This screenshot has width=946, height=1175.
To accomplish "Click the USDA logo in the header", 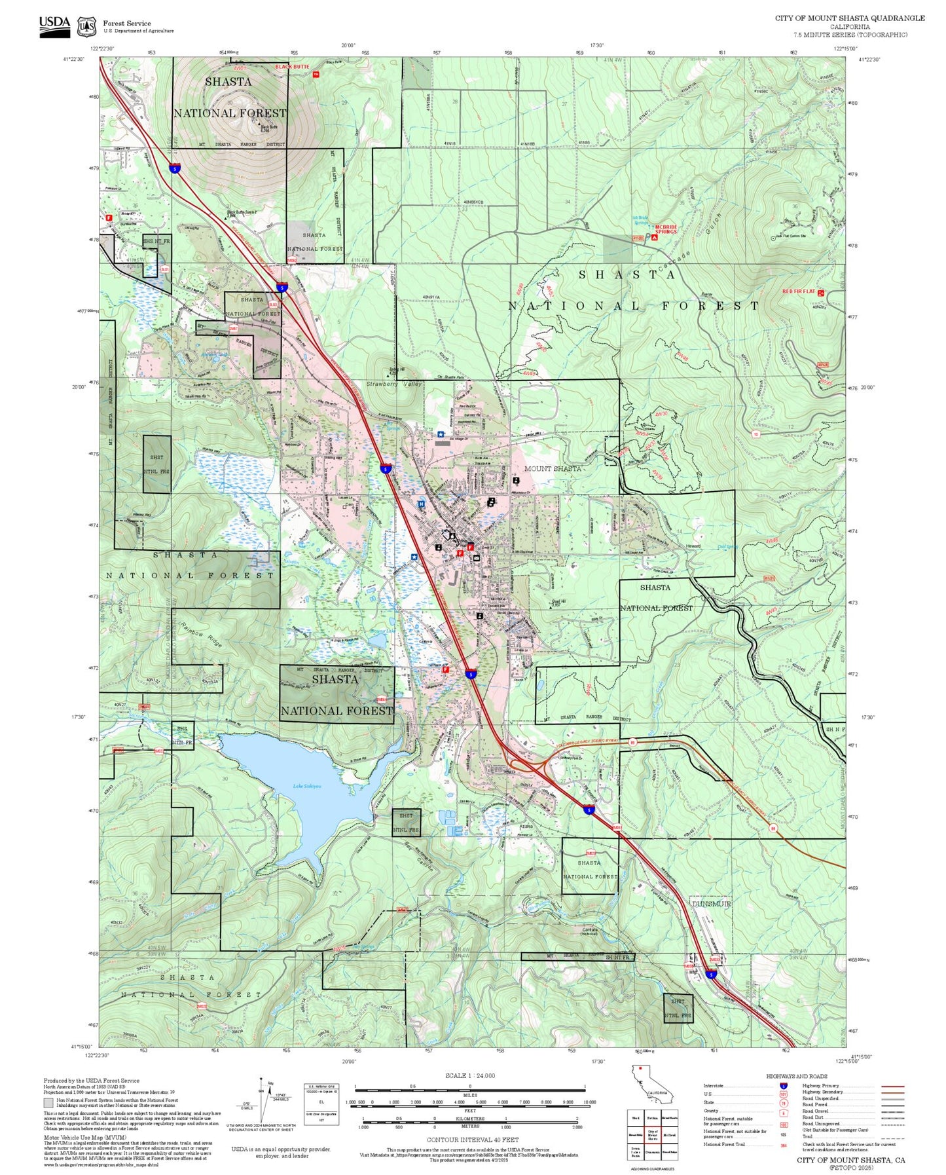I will point(54,26).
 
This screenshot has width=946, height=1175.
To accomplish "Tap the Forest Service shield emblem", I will point(86,27).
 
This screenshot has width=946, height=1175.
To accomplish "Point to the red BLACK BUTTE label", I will point(291,67).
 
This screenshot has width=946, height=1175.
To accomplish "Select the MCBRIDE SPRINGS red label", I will point(666,229).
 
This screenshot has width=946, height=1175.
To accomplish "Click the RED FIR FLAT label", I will point(798,291).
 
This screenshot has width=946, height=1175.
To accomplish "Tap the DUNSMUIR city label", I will point(711,904).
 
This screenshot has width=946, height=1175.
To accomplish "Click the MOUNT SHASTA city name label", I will point(552,469).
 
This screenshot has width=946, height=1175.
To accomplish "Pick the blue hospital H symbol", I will point(421,504).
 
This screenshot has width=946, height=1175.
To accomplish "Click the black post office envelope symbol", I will point(476,558).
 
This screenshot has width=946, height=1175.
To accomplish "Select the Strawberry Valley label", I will point(393,384).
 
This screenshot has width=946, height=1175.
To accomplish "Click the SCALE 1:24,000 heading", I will point(470,1076).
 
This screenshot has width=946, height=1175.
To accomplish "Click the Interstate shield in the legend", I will point(783,1086).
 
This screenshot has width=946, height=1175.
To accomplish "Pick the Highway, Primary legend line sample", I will point(892,1086).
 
